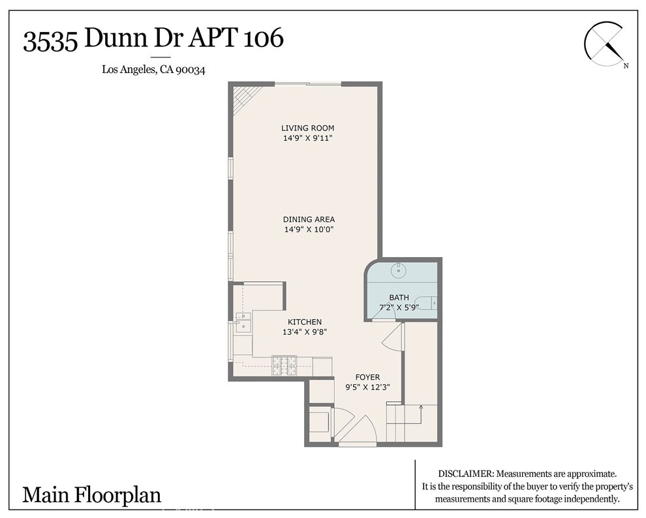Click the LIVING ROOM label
[307, 128]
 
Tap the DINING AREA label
[309, 219]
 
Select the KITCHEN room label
[305, 322]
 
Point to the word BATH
[399, 297]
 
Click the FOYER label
[367, 377]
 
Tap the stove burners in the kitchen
[284, 365]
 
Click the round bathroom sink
[399, 271]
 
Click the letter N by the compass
[626, 65]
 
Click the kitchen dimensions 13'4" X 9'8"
[305, 332]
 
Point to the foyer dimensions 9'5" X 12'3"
[367, 387]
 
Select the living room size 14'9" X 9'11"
[307, 138]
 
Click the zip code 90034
[190, 70]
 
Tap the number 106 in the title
[264, 38]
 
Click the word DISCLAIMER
[465, 474]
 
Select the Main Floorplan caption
[91, 495]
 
